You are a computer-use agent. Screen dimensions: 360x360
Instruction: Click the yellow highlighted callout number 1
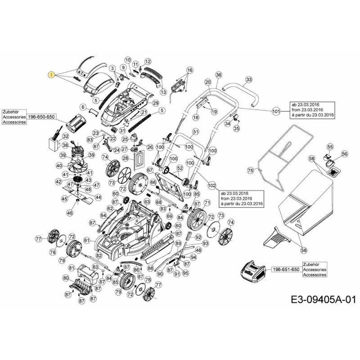pyautogui.click(x=52, y=75)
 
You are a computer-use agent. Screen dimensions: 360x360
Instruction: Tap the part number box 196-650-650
pyautogui.click(x=41, y=117)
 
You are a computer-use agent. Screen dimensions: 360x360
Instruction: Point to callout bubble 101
pyautogui.click(x=276, y=111)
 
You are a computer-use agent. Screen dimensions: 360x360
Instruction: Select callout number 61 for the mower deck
pyautogui.click(x=87, y=240)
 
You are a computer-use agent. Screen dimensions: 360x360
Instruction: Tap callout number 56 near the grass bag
pyautogui.click(x=345, y=153)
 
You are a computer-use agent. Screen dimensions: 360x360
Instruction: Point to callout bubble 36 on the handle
pyautogui.click(x=219, y=75)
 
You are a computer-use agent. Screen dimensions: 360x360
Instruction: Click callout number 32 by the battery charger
pyautogui.click(x=65, y=136)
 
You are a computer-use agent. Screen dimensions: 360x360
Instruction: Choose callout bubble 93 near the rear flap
pyautogui.click(x=206, y=243)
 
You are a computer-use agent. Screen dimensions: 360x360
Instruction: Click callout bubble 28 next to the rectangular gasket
pyautogui.click(x=126, y=158)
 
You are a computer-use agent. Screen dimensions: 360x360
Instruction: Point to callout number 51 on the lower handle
pyautogui.click(x=196, y=131)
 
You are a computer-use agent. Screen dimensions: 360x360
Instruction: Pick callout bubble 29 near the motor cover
pyautogui.click(x=156, y=103)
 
